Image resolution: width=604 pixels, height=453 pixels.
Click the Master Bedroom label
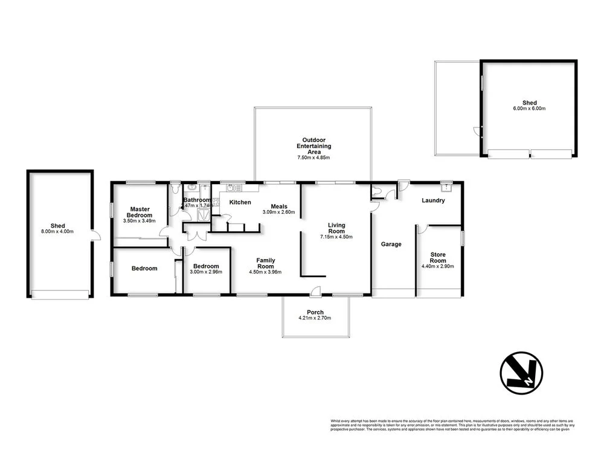coord(139,212)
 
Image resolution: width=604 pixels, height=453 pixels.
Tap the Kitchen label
coord(240,202)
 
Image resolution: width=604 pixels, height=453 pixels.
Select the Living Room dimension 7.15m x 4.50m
coord(336,237)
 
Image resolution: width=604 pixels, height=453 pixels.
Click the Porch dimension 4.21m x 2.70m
coord(314,318)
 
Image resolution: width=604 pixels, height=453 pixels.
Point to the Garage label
coord(391,244)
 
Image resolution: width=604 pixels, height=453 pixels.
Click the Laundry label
coord(434,201)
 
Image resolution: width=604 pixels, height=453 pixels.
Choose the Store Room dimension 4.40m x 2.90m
coord(437,266)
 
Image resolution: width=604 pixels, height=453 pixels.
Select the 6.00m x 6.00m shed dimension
coord(529,109)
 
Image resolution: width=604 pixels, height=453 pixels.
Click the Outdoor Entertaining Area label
coord(313,146)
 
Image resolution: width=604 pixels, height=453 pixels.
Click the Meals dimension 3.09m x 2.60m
coord(278,213)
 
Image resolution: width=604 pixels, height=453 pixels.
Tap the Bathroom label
coord(197,200)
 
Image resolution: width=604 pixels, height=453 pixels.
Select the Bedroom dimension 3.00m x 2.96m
coord(207,272)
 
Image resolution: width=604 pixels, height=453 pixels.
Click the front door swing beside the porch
coord(315,292)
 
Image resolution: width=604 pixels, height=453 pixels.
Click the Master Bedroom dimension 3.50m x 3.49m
coord(139,221)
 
